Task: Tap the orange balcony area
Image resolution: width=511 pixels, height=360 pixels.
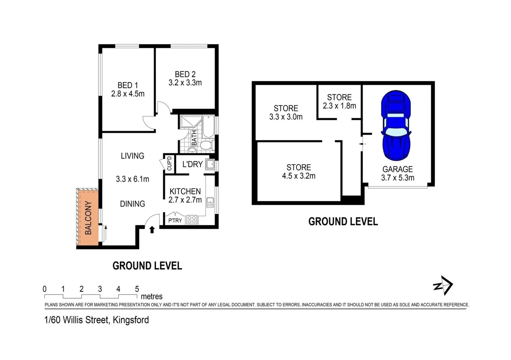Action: (88, 217)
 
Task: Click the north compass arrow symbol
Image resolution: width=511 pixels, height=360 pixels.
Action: (443, 285)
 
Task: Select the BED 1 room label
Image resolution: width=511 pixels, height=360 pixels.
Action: (127, 85)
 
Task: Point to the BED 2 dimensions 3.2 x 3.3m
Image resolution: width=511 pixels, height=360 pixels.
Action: (185, 83)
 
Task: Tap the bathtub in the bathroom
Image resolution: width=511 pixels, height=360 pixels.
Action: (208, 126)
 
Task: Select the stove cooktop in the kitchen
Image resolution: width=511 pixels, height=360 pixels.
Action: (192, 220)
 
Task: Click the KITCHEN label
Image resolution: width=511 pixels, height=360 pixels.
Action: (185, 191)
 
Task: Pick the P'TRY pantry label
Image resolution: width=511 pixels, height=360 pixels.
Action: (175, 220)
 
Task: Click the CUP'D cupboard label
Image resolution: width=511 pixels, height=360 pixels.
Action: (169, 163)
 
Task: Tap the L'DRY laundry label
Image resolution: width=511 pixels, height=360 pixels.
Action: (192, 164)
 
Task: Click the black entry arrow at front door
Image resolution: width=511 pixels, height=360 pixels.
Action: (152, 230)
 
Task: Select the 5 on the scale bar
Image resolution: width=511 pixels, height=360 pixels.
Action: (137, 289)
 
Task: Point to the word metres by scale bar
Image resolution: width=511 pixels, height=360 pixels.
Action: (152, 296)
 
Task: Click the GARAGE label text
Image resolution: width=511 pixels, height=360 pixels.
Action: (397, 169)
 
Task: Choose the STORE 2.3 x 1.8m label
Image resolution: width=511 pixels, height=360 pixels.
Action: (339, 102)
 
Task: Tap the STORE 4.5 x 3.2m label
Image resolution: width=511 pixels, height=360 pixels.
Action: (299, 172)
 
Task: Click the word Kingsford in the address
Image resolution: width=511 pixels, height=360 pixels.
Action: (131, 320)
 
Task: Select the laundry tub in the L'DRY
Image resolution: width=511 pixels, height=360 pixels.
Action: (210, 164)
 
